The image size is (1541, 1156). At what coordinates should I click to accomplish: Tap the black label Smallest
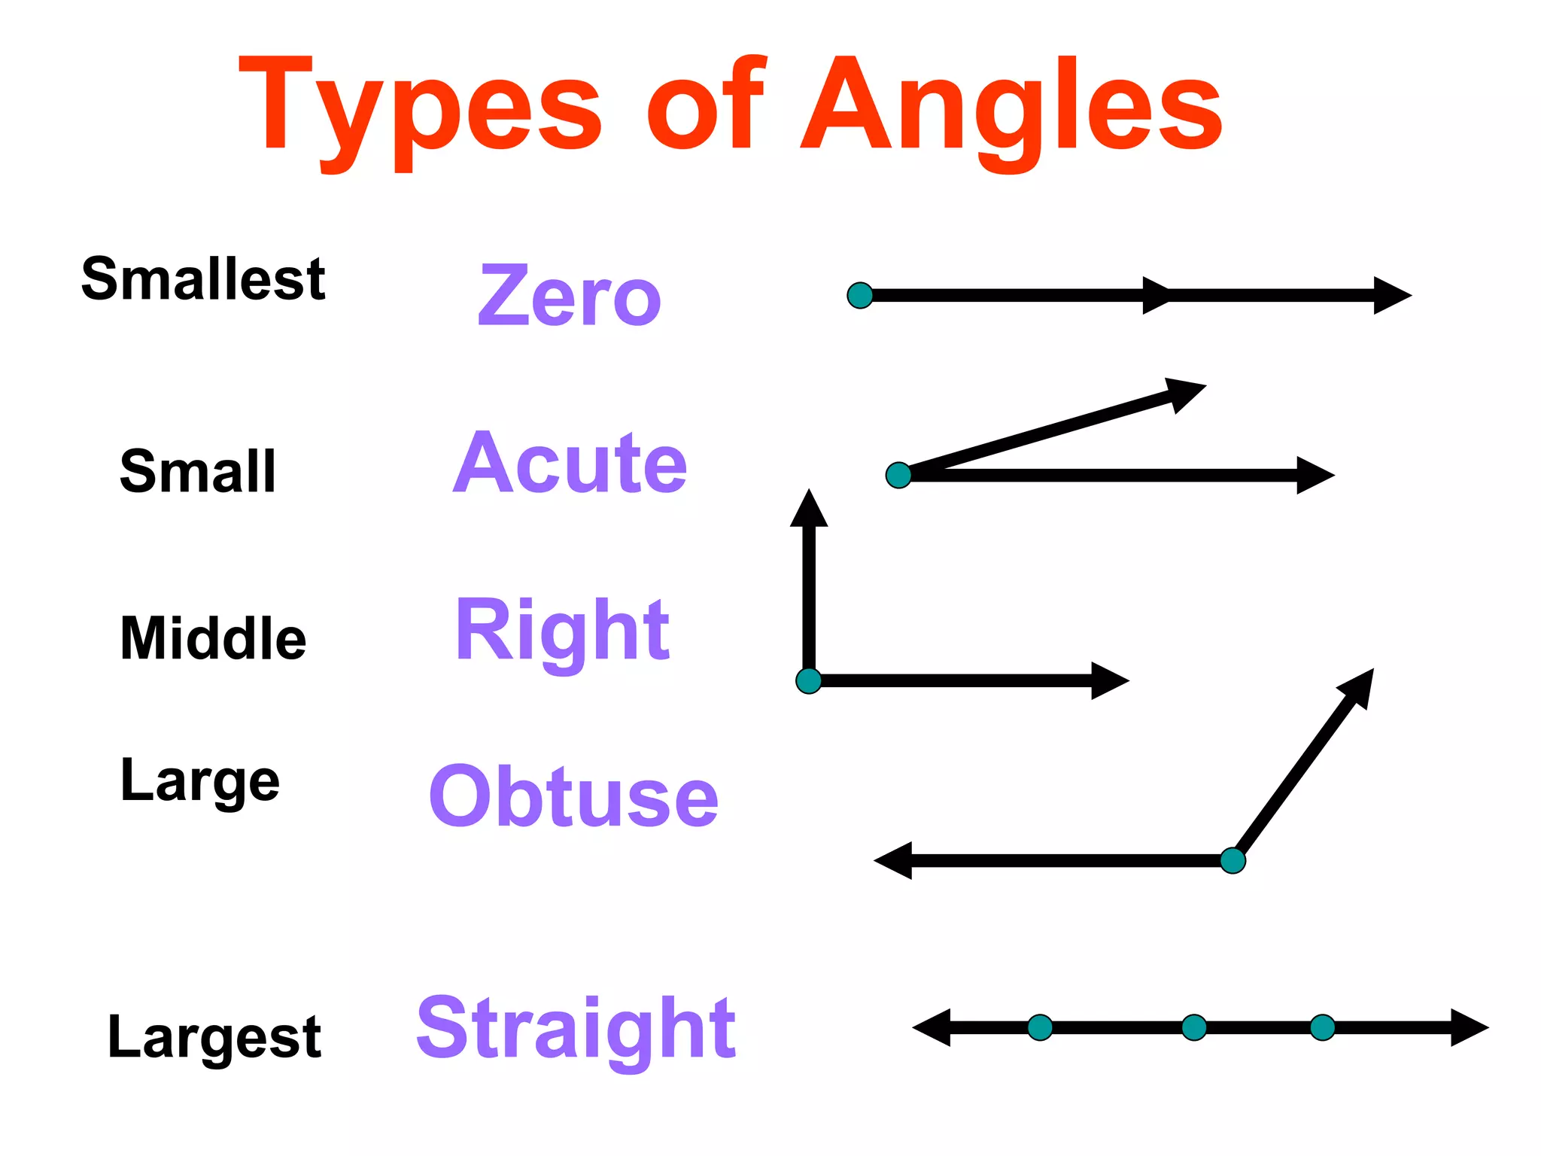click(203, 279)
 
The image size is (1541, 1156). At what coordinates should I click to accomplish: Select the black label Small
click(198, 472)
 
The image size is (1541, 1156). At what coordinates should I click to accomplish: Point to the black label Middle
click(213, 639)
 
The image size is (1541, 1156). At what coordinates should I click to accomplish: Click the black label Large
click(200, 781)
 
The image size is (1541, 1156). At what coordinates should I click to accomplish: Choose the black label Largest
click(214, 1037)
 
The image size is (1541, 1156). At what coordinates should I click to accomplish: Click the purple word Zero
click(570, 297)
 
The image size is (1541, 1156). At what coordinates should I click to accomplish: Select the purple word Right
click(562, 631)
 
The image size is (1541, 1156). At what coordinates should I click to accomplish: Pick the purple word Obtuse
click(573, 797)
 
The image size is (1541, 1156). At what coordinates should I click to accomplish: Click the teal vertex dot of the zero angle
click(860, 296)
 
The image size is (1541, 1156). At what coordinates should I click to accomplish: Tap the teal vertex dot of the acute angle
click(898, 476)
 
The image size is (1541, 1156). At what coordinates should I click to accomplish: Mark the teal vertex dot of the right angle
click(809, 681)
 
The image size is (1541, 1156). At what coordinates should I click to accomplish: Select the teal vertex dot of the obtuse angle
click(1232, 860)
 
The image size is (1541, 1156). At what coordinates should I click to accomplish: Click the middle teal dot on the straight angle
click(1194, 1027)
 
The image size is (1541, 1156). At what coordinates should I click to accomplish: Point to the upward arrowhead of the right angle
click(809, 510)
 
